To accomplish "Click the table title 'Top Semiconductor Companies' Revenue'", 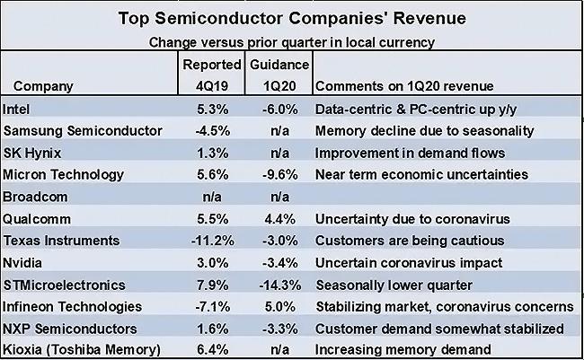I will pos(292,19).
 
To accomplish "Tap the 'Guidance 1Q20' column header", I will pos(279,75).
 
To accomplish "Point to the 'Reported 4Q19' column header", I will pos(212,75).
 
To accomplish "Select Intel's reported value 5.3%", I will pos(212,109).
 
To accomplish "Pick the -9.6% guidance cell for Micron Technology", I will pos(279,174).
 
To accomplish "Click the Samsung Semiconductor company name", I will pos(84,130).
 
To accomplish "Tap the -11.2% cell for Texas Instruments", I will pos(212,240).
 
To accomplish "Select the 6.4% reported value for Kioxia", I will pos(212,349).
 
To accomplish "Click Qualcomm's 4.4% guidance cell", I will pos(279,218).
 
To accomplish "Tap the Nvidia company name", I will pos(23,262).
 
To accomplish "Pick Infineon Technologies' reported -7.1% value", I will pos(212,306).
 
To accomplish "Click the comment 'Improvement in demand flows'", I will pos(410,153).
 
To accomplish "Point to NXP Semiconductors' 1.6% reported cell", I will pos(212,328).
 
